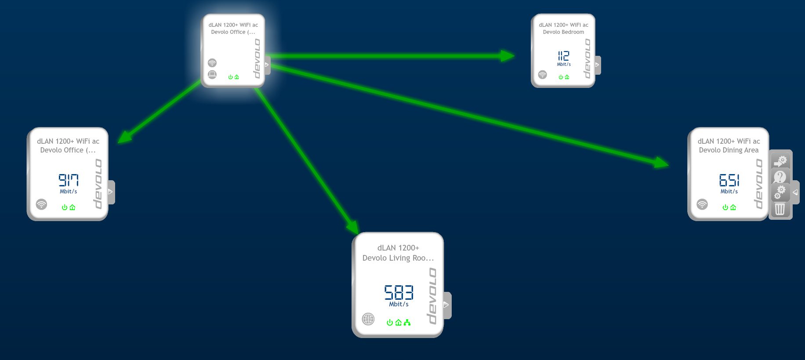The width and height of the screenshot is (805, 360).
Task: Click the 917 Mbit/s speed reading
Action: (69, 184)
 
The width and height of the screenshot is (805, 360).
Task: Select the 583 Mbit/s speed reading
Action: (399, 296)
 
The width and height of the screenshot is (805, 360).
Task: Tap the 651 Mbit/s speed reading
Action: (729, 184)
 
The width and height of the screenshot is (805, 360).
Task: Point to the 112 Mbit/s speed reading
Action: (564, 58)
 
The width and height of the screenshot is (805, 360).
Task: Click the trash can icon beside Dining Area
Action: (780, 209)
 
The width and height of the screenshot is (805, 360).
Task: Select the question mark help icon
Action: (780, 177)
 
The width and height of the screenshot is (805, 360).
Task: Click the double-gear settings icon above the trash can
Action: (780, 193)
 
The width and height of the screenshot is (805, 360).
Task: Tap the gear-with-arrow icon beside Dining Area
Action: (780, 161)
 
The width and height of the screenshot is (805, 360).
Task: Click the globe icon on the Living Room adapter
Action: (368, 319)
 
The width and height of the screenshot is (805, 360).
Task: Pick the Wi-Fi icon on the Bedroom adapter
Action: (543, 75)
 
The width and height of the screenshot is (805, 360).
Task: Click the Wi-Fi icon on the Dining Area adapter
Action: (702, 204)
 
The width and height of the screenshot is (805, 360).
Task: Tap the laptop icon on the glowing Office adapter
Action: (212, 74)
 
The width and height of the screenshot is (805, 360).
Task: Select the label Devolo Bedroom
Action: (563, 32)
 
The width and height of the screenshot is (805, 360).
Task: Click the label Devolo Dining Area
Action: (729, 150)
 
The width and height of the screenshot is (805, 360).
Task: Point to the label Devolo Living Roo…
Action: (398, 258)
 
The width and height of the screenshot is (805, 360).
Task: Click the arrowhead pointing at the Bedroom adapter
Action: (508, 56)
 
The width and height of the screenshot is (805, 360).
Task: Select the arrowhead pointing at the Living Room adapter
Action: (352, 226)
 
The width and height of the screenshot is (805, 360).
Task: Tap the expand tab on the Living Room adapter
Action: (447, 305)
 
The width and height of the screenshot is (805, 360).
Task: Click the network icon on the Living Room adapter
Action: (407, 323)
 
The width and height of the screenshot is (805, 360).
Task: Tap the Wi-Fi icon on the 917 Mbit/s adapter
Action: (41, 204)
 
